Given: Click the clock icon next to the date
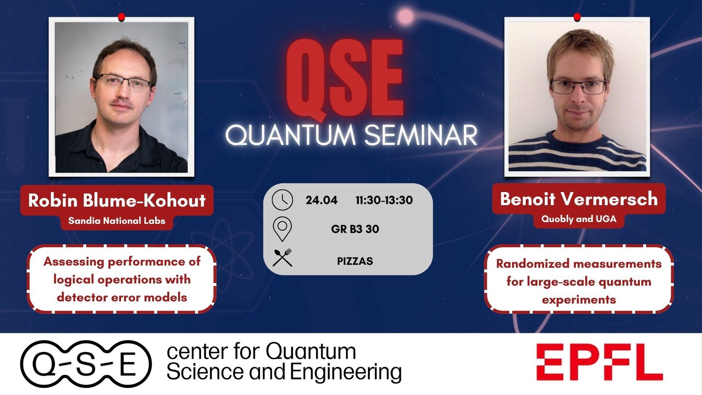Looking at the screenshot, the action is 282,200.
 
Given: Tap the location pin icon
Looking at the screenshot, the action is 282,229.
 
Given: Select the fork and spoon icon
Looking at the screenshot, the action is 282,257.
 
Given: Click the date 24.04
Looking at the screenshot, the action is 321,200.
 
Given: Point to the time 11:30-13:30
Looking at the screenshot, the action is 384,200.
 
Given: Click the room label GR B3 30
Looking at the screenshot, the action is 355,229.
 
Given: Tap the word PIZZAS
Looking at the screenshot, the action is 355,261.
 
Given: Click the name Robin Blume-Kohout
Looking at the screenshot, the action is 117,200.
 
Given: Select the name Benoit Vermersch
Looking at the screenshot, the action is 579,199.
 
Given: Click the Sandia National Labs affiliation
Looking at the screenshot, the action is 117,221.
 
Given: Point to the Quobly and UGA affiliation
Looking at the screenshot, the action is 579,219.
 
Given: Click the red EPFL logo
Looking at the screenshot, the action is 600,362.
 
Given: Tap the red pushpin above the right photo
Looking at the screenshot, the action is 577,17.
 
